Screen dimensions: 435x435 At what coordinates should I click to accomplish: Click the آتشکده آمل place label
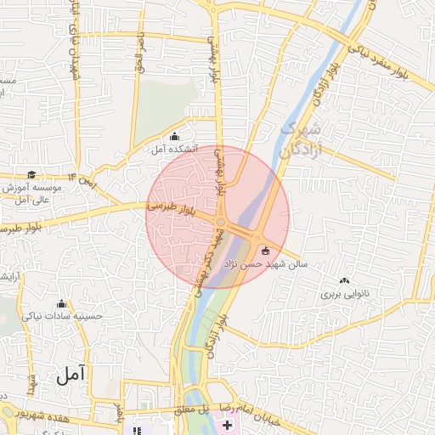tap(174, 149)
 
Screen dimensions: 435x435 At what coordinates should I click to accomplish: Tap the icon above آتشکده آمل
tap(175, 137)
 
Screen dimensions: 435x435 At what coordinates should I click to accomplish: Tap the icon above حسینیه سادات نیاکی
tap(61, 304)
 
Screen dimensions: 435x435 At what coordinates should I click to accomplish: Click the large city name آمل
tap(71, 375)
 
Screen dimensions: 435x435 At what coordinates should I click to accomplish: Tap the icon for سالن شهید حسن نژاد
tap(265, 251)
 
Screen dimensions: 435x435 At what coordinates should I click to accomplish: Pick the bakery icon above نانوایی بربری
tap(344, 281)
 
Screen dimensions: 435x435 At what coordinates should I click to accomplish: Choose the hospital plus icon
tap(228, 423)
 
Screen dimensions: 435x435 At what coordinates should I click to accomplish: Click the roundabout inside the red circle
tap(220, 223)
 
